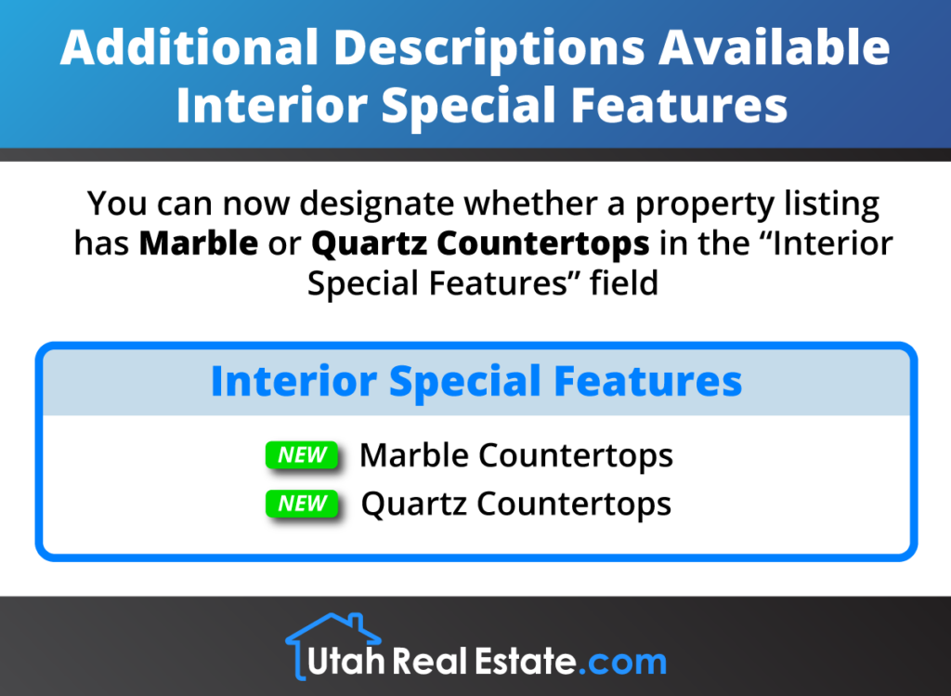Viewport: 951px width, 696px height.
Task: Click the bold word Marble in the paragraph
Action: [x=199, y=243]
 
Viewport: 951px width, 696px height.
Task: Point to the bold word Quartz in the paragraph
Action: [x=370, y=243]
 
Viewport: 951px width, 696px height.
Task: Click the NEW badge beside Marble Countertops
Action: [x=302, y=455]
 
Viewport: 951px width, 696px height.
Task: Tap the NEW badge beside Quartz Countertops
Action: [x=302, y=504]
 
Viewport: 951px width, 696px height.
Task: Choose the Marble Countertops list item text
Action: [x=515, y=455]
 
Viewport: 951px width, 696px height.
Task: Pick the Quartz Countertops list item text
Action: [x=515, y=504]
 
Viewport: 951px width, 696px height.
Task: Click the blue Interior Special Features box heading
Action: [x=475, y=382]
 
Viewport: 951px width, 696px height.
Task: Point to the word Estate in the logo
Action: [x=520, y=662]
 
